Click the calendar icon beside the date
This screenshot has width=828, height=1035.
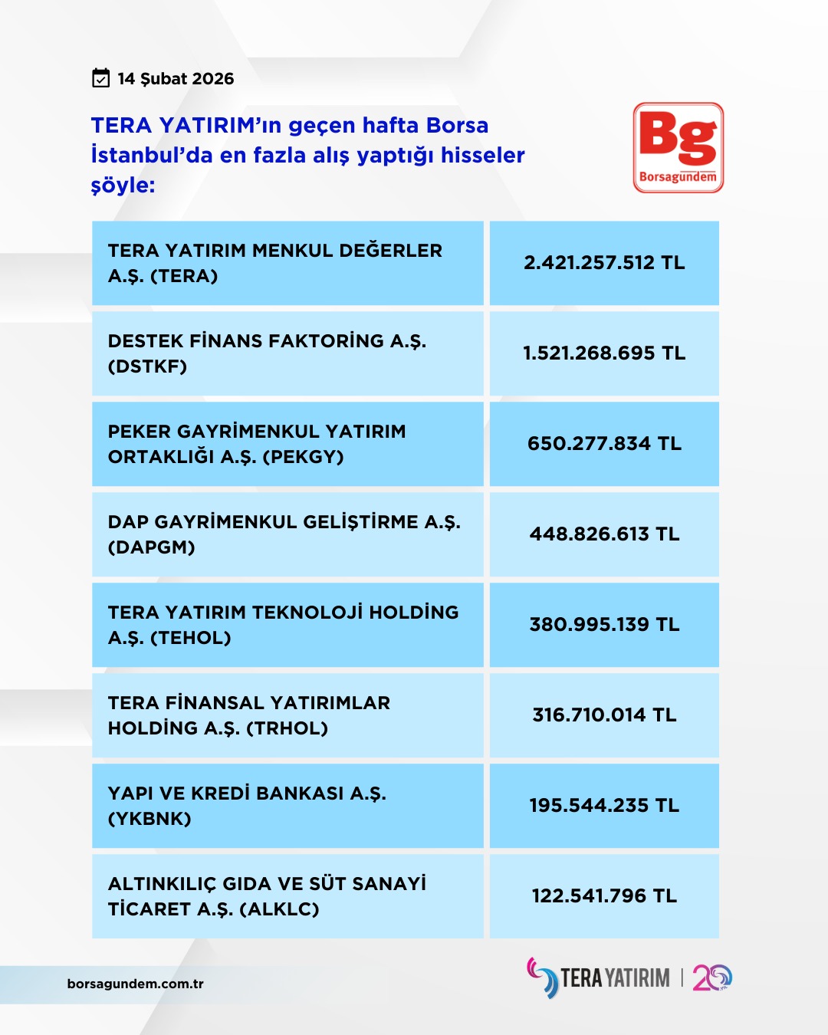click(100, 78)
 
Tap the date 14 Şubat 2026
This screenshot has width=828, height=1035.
click(176, 79)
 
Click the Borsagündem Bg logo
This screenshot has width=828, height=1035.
click(678, 147)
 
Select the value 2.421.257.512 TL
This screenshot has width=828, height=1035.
click(604, 263)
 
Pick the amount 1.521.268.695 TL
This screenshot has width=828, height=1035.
click(604, 353)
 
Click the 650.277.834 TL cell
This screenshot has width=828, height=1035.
click(604, 444)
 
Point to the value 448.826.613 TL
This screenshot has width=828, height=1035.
click(604, 534)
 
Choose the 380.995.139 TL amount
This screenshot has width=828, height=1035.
click(604, 625)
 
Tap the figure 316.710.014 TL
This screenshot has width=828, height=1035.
click(604, 715)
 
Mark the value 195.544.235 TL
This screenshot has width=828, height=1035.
click(604, 806)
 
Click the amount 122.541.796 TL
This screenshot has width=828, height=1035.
click(604, 896)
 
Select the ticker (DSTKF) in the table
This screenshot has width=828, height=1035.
click(148, 366)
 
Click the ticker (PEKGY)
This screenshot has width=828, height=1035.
click(303, 457)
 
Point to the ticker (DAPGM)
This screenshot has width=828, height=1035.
click(152, 547)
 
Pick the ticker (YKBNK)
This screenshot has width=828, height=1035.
click(149, 819)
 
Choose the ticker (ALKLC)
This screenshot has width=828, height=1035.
click(279, 909)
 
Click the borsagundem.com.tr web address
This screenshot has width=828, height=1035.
click(136, 984)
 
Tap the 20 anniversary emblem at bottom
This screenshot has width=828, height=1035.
click(712, 978)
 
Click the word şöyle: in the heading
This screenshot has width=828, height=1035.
click(123, 186)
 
